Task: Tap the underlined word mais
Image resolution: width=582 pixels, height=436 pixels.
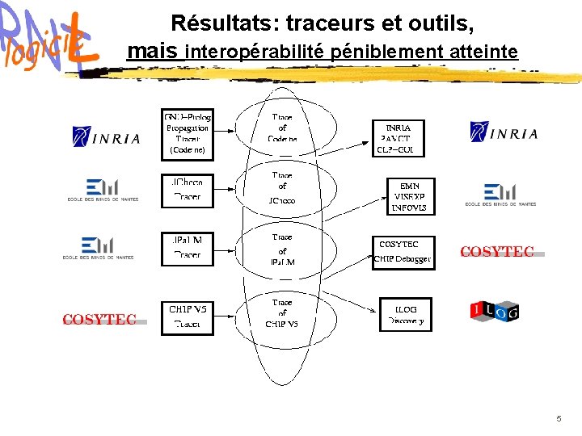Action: [154, 52]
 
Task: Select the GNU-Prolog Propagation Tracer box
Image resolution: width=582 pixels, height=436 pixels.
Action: [187, 132]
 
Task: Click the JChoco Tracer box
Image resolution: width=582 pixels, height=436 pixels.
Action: [187, 189]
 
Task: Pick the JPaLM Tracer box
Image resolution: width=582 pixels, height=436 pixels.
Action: [187, 247]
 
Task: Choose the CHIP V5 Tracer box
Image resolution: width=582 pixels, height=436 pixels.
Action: [188, 317]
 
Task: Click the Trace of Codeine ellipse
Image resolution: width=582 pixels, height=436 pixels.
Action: [282, 128]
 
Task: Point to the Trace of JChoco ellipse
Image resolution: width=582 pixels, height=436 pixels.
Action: [282, 187]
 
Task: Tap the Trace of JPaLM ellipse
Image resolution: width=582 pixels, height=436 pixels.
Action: [282, 249]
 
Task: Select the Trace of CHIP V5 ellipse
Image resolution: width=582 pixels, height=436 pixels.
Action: [282, 313]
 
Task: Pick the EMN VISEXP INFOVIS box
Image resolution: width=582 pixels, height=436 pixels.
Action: [410, 196]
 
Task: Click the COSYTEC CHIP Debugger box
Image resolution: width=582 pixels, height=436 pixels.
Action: [403, 252]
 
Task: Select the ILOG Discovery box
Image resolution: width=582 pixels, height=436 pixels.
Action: [405, 315]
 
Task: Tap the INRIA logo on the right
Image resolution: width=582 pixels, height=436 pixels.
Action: [504, 132]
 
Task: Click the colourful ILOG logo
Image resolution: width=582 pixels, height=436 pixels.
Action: [494, 311]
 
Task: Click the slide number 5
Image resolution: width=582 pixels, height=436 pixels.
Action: [559, 419]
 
